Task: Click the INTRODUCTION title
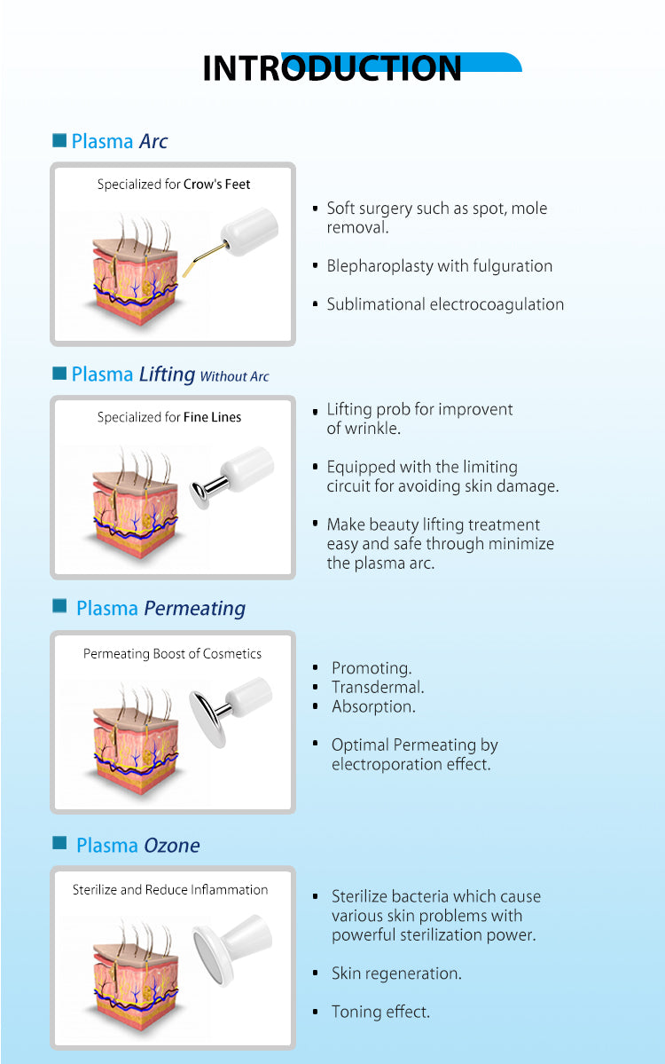pos(332,69)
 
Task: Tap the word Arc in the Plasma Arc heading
pos(153,141)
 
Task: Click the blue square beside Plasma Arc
pos(59,140)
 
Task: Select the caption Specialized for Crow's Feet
pos(174,185)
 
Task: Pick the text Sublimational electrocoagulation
pos(445,304)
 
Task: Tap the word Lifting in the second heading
pos(167,374)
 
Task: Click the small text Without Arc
pos(234,376)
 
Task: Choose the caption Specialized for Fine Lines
pos(169,417)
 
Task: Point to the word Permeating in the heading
pos(194,609)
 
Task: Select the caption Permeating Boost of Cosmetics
pos(172,654)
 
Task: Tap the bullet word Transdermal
pos(378,688)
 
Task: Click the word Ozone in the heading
pos(171,846)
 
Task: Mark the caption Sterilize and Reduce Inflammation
pos(170,889)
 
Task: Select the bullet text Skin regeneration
pos(396,973)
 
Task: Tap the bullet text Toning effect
pos(380,1012)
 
